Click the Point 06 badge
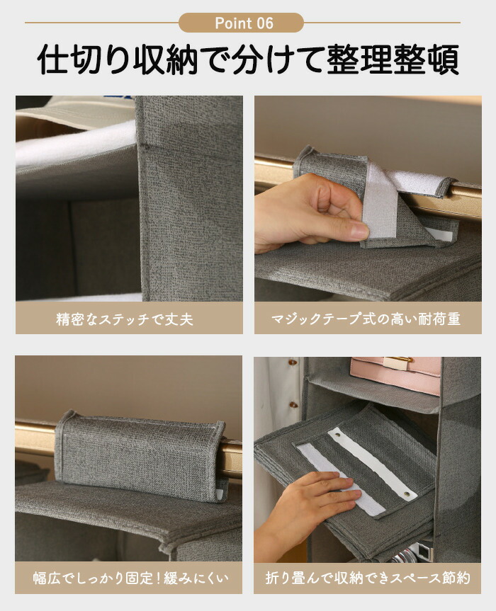click(241, 23)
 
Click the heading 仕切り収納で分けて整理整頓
click(248, 59)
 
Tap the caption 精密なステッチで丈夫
click(125, 319)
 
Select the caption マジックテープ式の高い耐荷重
click(366, 319)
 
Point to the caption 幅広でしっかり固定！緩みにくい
click(130, 578)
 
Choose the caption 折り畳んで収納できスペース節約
click(368, 578)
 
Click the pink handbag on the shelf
click(395, 375)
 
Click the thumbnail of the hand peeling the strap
click(368, 198)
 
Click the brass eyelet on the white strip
click(407, 494)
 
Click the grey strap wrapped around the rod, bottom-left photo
click(140, 455)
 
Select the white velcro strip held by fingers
click(379, 202)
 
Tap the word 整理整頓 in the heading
click(393, 59)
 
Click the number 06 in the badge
click(264, 23)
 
